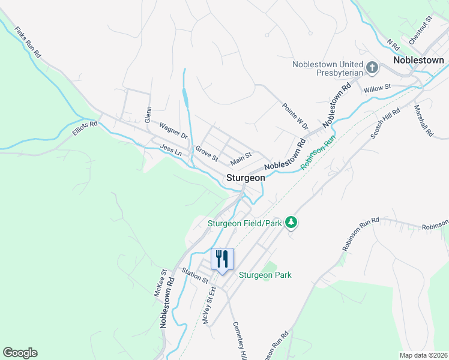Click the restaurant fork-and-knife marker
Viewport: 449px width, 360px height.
point(222,260)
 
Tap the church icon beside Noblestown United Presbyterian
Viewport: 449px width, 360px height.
point(372,68)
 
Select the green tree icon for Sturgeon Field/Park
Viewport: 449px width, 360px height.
point(291,223)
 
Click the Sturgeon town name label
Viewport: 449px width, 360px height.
point(246,178)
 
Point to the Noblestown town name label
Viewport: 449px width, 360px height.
point(418,60)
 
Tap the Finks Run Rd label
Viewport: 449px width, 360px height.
point(28,41)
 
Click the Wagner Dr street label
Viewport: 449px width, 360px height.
point(173,131)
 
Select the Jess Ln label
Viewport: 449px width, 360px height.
point(171,150)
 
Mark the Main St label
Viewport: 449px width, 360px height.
point(241,159)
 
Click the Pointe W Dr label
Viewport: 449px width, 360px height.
point(295,116)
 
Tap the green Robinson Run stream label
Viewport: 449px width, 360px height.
point(318,152)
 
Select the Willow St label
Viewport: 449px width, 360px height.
point(377,88)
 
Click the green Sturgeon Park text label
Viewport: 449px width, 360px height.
point(265,275)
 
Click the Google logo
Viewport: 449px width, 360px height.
point(20,353)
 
